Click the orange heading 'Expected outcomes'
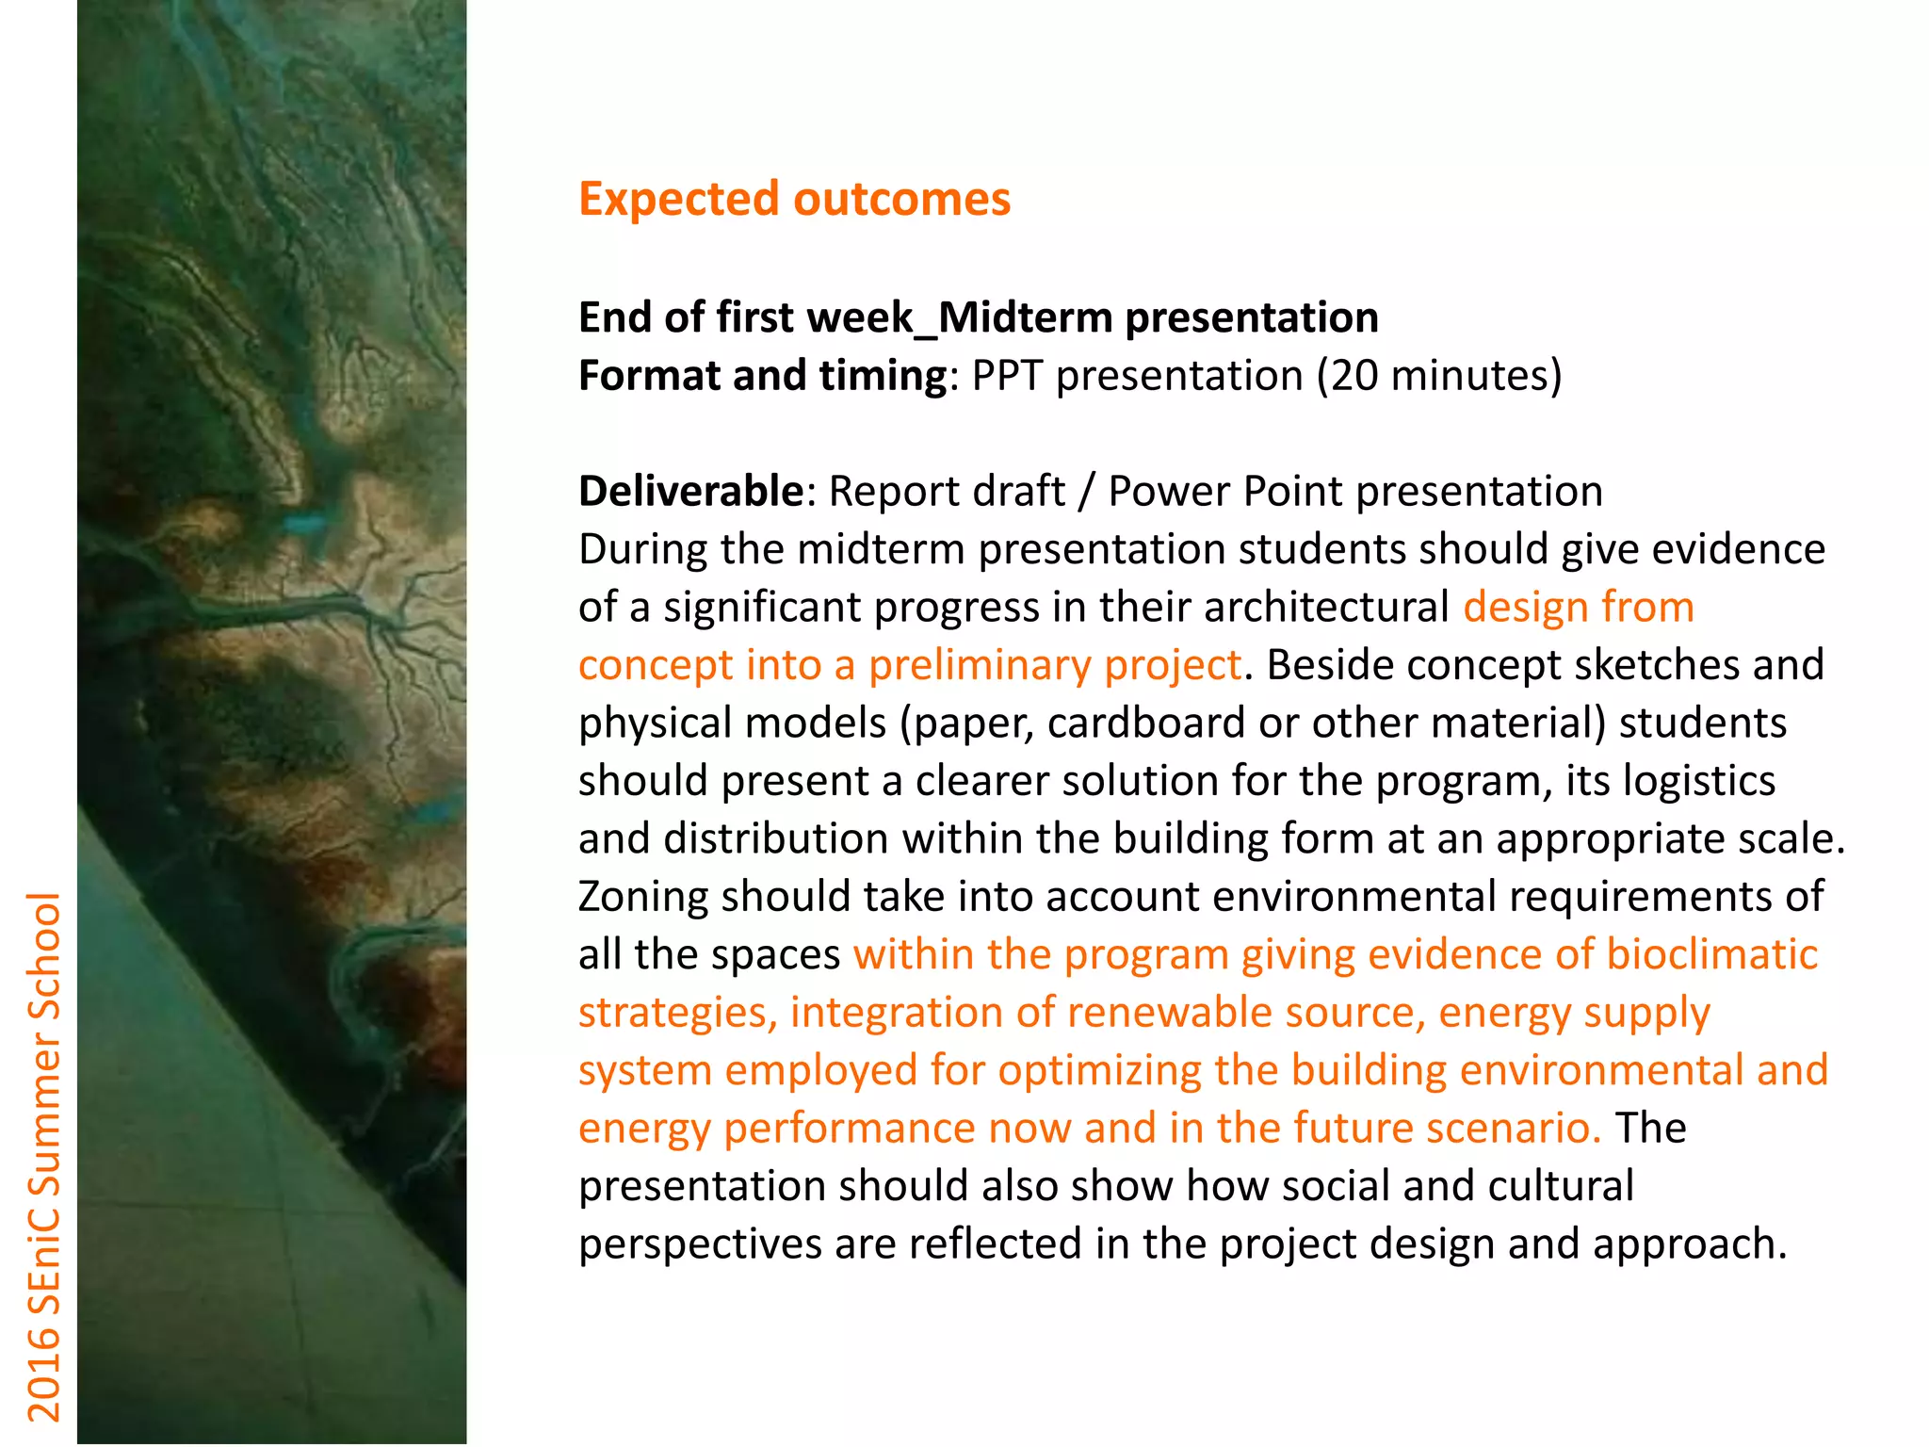point(794,199)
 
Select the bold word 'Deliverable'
point(689,491)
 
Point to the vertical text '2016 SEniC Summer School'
point(43,1156)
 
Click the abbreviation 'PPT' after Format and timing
point(1007,376)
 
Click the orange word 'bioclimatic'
point(1711,954)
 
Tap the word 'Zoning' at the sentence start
point(643,897)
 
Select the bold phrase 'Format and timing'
point(762,376)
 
